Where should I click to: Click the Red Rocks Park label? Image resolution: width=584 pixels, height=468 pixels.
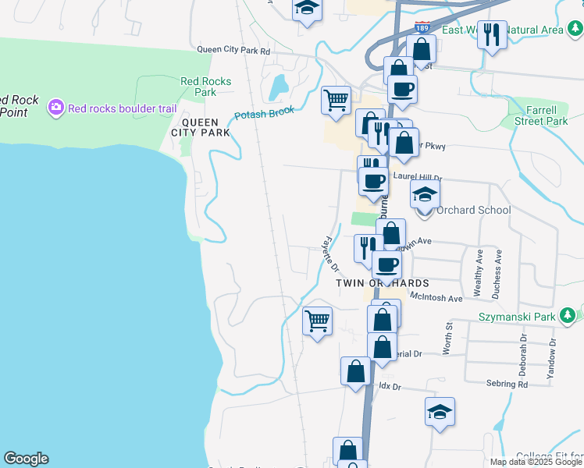205,87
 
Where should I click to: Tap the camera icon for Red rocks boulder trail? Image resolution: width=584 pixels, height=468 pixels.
55,107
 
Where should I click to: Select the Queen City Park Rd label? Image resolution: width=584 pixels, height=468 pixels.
233,50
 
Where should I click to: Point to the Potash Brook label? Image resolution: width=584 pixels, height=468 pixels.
265,115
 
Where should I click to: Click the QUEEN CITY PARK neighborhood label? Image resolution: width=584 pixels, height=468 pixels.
205,127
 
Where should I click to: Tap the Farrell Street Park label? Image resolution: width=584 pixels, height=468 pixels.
546,115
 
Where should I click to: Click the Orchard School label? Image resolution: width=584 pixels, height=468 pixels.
473,210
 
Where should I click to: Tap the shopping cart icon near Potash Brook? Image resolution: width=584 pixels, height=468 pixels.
336,101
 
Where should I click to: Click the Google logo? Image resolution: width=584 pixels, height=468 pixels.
26,459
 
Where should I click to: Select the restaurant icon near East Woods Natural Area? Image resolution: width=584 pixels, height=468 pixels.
492,34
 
